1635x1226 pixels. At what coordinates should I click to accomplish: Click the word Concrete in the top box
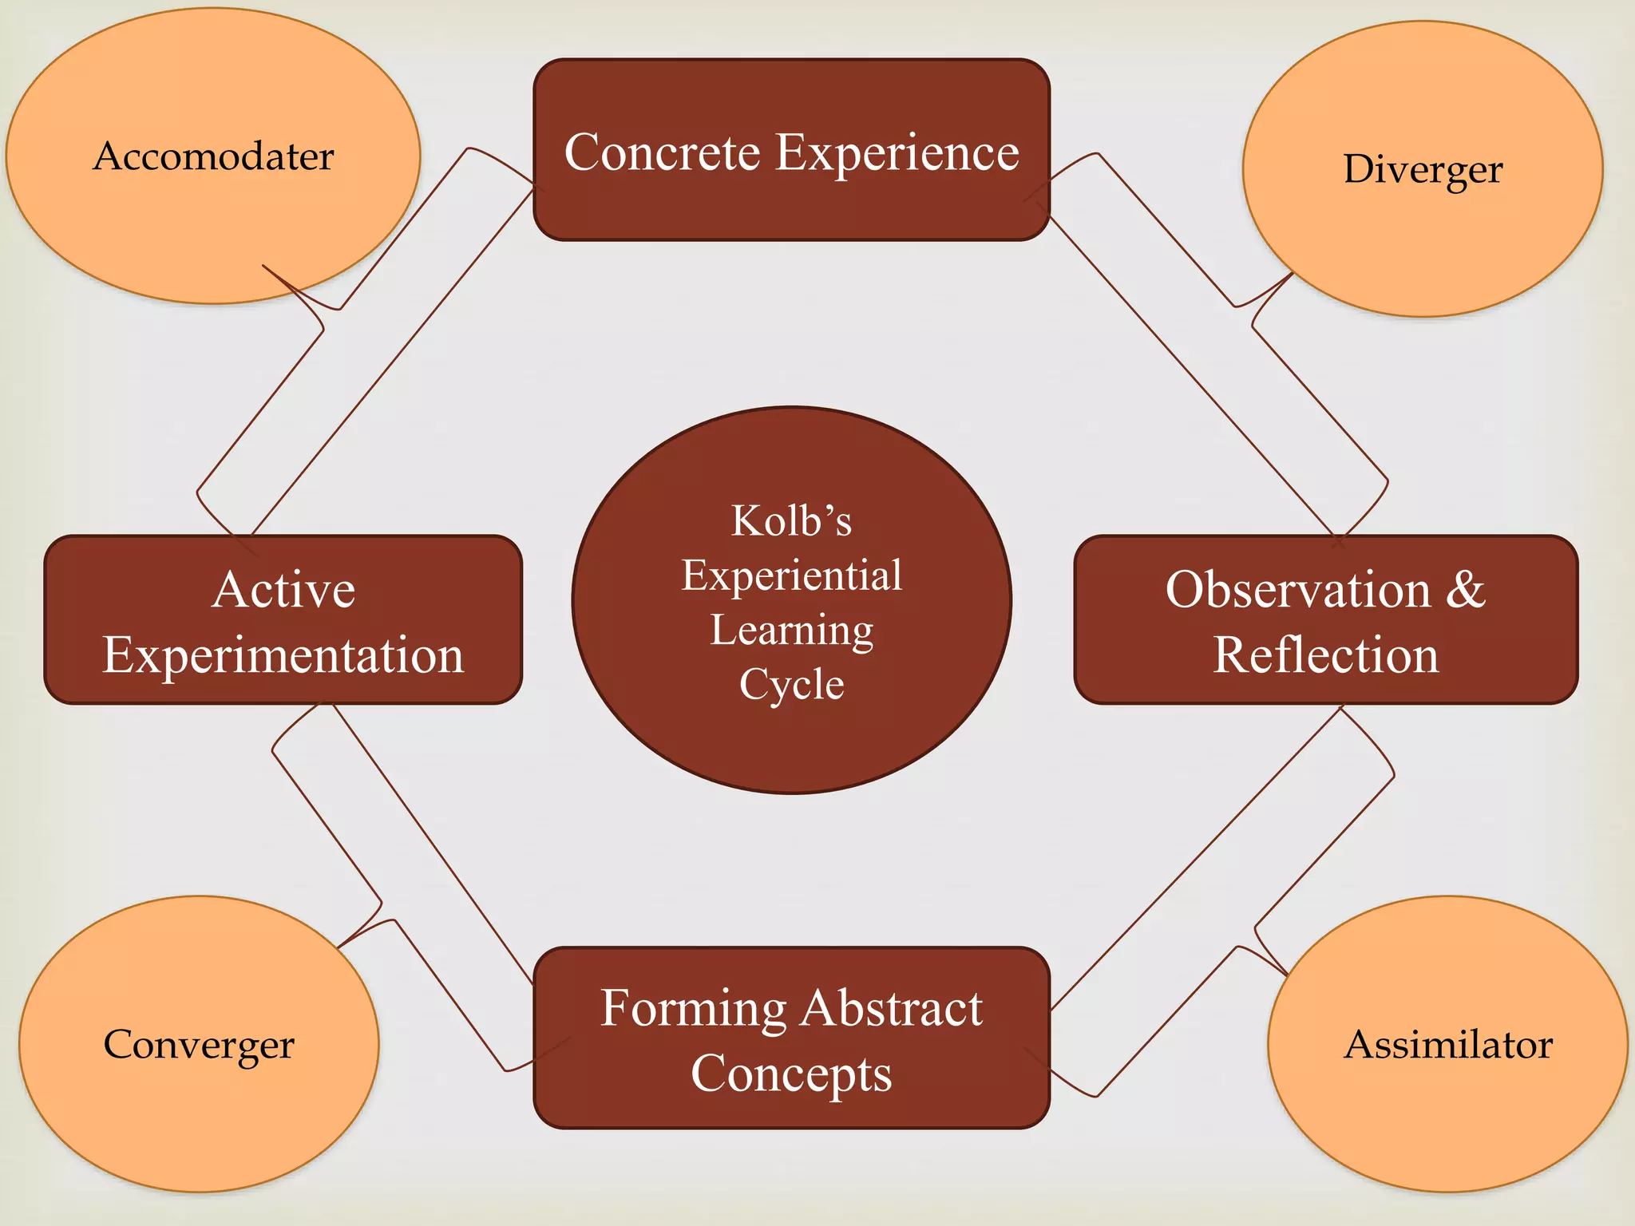pos(662,152)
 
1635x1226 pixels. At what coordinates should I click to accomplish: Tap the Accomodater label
pos(213,156)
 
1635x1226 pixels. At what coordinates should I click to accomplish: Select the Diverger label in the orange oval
pos(1423,170)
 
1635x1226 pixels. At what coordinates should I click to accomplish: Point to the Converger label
pos(199,1045)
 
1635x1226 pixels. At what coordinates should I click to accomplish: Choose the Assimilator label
pos(1448,1045)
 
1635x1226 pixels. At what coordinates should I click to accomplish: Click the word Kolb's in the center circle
pos(791,521)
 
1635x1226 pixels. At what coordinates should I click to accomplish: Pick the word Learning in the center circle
pos(791,631)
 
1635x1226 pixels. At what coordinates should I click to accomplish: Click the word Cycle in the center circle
pos(791,685)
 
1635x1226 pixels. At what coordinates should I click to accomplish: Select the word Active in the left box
pos(283,591)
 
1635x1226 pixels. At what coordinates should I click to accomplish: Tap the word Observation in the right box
pos(1298,591)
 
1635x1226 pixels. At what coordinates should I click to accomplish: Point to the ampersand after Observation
pos(1466,591)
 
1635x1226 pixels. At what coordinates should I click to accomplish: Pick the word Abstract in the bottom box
pos(892,1009)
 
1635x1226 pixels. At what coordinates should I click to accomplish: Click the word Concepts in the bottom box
pos(791,1074)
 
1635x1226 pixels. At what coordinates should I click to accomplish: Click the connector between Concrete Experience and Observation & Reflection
pos(1217,343)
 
